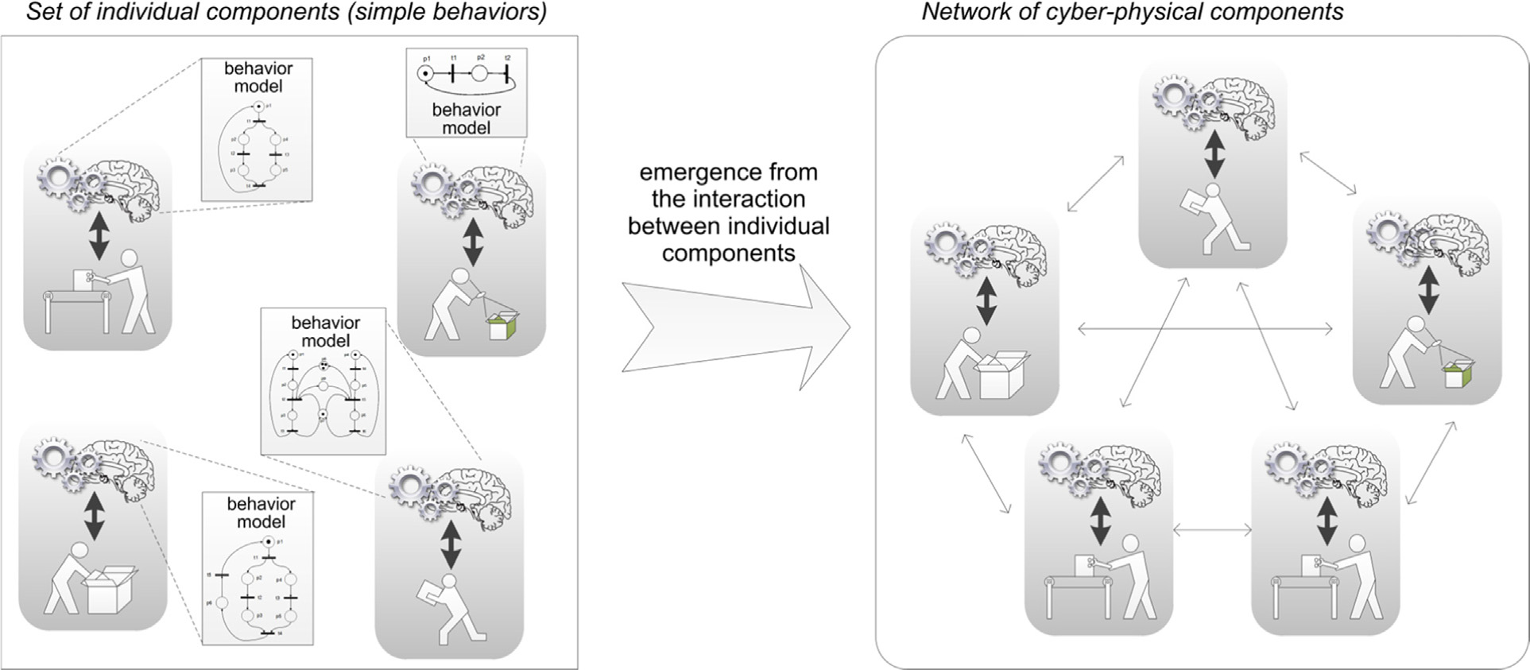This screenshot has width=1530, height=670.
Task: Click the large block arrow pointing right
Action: pos(735,327)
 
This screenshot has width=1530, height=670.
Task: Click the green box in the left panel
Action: pos(503,325)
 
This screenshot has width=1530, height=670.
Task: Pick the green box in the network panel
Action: pos(1458,374)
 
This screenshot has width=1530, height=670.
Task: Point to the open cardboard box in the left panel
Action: pos(110,591)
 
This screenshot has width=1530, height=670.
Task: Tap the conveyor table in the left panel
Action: pos(77,305)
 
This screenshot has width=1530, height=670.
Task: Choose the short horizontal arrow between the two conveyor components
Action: pos(1212,530)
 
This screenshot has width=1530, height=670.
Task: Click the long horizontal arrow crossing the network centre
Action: pos(1205,327)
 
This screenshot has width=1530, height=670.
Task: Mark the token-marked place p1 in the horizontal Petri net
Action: pos(427,74)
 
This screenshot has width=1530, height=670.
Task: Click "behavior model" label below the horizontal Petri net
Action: pos(467,118)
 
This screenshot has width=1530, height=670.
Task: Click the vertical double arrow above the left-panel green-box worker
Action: pos(473,242)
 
